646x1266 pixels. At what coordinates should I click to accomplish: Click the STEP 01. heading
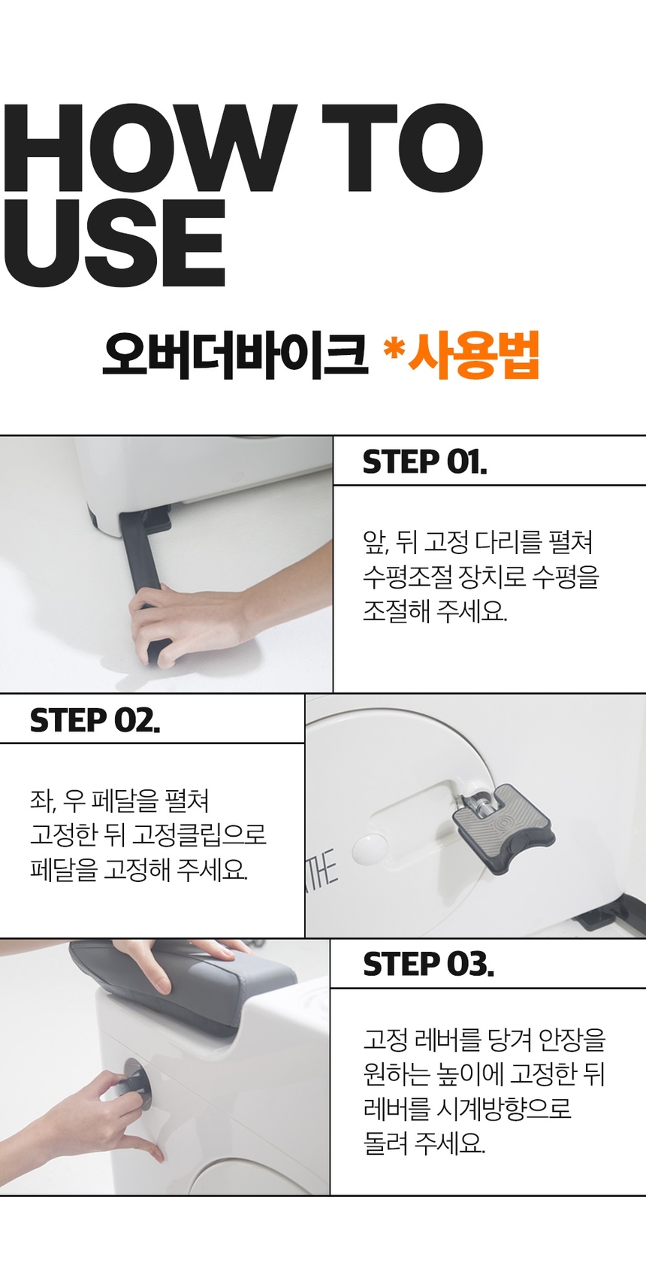point(424,462)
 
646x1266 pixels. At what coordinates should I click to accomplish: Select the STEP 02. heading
point(95,720)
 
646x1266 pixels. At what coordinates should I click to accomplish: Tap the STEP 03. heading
point(428,964)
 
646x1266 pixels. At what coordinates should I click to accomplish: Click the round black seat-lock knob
point(134,1083)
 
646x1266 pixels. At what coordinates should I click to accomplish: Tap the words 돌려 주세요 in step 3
point(424,1143)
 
